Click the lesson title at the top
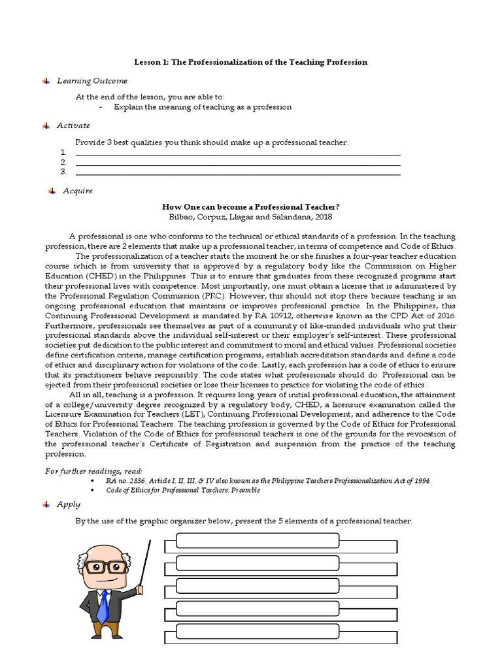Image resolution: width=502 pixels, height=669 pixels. click(x=250, y=62)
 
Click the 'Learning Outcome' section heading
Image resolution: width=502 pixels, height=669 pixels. click(x=92, y=81)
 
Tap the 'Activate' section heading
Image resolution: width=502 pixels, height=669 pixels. click(x=73, y=125)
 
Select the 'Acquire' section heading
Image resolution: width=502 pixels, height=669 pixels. click(x=78, y=191)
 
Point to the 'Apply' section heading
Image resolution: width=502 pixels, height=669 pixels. click(x=69, y=504)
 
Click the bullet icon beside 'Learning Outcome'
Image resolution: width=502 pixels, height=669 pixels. click(x=46, y=81)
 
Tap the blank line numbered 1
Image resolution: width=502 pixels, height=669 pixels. click(x=238, y=154)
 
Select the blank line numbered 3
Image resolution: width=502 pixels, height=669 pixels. click(x=238, y=173)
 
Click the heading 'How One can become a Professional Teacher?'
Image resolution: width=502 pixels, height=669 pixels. click(x=250, y=206)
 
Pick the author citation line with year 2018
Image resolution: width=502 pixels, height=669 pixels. click(x=250, y=217)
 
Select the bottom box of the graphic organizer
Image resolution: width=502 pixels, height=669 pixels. click(x=257, y=632)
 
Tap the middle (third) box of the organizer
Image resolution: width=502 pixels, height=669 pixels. click(x=257, y=586)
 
